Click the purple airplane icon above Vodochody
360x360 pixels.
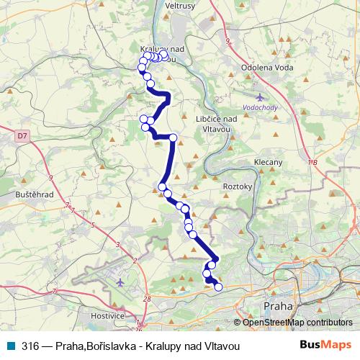[260, 96]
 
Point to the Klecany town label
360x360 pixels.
[268, 163]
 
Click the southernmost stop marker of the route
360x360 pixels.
[218, 288]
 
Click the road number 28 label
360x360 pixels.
[147, 298]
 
